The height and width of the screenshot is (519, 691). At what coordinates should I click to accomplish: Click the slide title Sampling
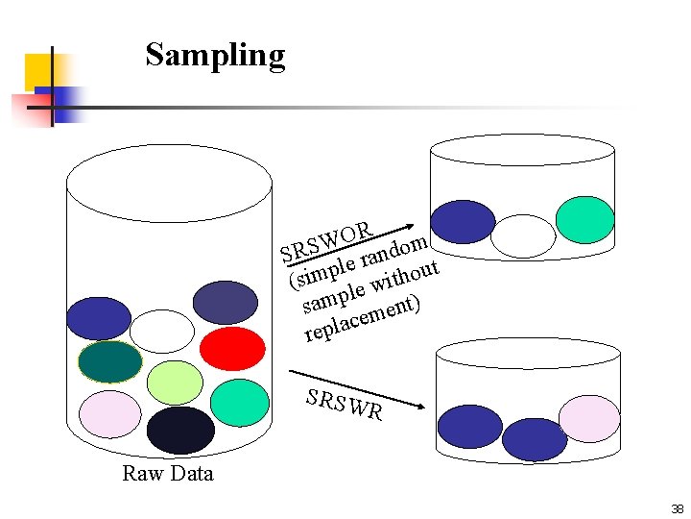[x=215, y=55]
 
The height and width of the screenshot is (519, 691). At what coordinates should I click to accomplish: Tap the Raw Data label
[x=168, y=473]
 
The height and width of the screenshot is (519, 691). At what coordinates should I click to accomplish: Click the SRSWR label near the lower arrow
[x=345, y=405]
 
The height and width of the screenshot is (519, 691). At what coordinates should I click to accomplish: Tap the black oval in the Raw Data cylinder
[x=180, y=430]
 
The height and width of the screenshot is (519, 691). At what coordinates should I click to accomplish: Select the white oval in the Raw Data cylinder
[x=161, y=331]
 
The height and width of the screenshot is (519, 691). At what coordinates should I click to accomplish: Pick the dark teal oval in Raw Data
[x=109, y=362]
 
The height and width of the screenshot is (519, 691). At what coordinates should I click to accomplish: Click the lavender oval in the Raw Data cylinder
[x=109, y=414]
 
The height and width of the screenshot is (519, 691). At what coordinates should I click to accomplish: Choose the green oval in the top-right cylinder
[x=584, y=219]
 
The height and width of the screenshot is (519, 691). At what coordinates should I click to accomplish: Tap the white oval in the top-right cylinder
[x=523, y=235]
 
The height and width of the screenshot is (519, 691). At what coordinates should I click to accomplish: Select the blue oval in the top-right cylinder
[x=464, y=222]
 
